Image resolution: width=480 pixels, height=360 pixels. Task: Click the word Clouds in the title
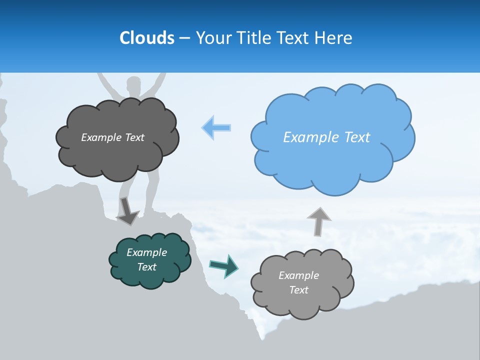pos(147,38)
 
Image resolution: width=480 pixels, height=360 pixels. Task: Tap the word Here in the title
pos(333,38)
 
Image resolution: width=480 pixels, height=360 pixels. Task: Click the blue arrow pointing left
pos(216,127)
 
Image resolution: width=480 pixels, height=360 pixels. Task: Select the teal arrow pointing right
pos(223,266)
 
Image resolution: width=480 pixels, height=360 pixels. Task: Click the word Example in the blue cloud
pos(310,137)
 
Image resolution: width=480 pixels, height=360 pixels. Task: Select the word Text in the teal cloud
pos(146,267)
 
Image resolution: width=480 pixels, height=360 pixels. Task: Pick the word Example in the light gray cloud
pos(298,275)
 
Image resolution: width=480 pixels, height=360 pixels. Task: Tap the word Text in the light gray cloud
pos(298,290)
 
